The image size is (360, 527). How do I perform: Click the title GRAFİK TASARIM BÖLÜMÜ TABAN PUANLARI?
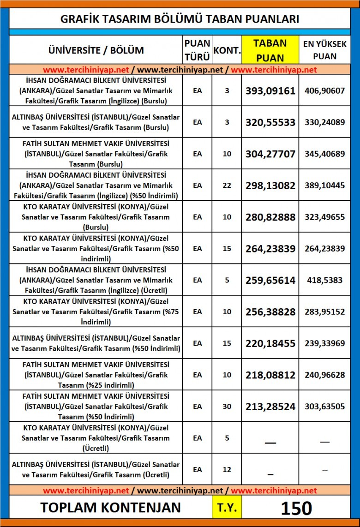(x=180, y=19)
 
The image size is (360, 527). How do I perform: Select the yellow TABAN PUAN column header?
(x=270, y=50)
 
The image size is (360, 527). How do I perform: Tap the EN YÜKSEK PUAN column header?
(x=324, y=50)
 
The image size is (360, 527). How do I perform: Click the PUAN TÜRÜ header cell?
(x=197, y=50)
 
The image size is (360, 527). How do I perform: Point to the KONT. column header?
(x=227, y=50)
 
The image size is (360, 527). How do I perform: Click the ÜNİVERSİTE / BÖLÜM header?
(x=96, y=50)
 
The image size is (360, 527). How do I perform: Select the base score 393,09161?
(x=270, y=91)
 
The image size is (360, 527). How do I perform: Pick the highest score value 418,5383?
(x=324, y=280)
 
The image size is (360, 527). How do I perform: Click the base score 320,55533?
(x=270, y=123)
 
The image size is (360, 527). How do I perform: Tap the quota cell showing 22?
(x=227, y=185)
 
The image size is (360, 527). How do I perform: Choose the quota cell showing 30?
(x=227, y=407)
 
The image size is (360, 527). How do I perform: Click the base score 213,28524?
(x=270, y=407)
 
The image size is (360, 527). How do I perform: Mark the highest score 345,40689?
(x=324, y=154)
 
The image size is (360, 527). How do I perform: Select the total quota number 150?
(x=296, y=508)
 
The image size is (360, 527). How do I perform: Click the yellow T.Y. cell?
(x=227, y=508)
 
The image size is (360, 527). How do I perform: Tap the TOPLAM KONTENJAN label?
(x=110, y=508)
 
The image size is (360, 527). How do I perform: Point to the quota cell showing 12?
(x=227, y=470)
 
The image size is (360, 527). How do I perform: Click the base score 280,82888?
(x=270, y=217)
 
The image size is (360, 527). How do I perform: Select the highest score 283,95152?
(x=324, y=312)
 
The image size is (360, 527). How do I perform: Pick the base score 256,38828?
(x=270, y=312)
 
